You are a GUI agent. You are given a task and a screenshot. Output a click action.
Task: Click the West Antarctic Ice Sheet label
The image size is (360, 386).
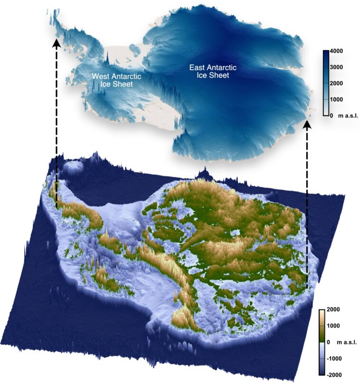[112, 80]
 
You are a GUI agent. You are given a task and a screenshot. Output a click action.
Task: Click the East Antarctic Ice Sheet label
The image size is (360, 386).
[213, 71]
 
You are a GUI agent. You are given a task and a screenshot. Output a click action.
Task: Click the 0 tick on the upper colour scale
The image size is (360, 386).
[333, 115]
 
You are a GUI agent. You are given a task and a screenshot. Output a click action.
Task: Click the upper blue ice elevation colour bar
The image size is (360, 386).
[326, 83]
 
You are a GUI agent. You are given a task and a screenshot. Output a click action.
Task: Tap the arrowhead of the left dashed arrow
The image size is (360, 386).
[57, 43]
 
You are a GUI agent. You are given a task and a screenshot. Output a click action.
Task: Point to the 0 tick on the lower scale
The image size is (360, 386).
[334, 342]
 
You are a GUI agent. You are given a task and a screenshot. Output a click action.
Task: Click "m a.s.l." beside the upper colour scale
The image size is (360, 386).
[351, 115]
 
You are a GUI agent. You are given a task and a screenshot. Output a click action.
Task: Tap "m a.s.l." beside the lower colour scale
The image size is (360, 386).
[350, 342]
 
